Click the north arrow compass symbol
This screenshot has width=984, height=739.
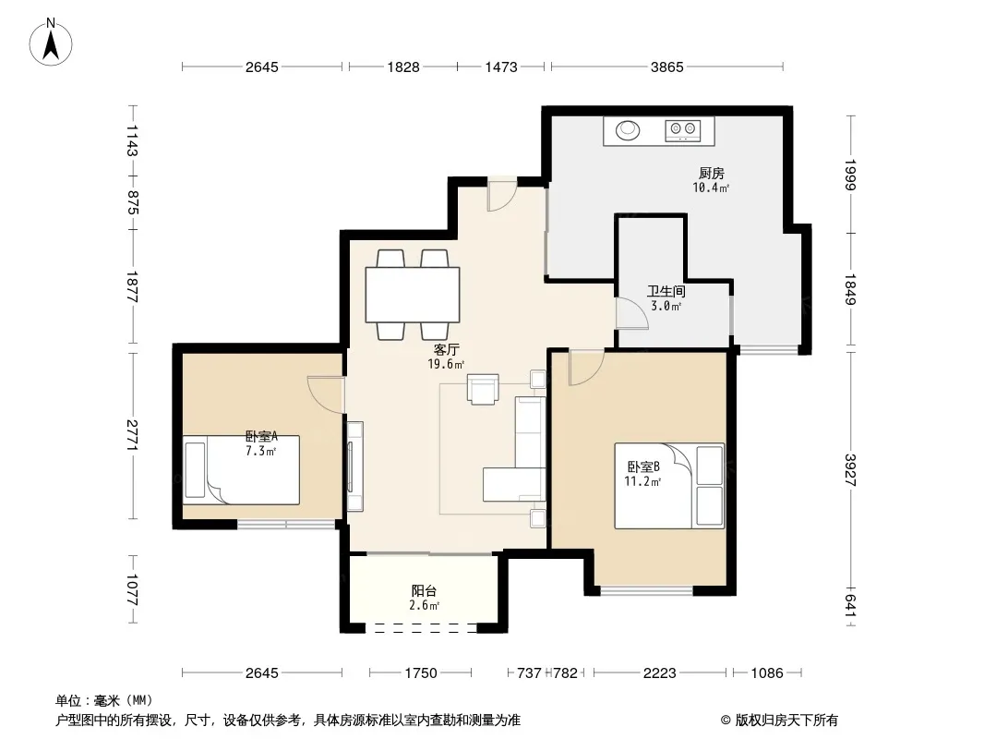point(51,42)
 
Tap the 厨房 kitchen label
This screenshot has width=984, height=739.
point(711,173)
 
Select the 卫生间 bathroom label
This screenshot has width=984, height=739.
point(666,291)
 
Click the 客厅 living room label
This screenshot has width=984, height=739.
point(446,350)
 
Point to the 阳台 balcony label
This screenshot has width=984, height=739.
point(425,591)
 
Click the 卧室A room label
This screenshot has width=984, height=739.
point(261,436)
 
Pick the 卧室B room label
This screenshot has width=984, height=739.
point(643,467)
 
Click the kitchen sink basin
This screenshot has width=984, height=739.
point(627,130)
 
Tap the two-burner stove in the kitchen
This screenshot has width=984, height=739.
point(682,130)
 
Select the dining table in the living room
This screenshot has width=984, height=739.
point(413,295)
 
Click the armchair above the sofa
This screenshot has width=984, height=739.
point(483,389)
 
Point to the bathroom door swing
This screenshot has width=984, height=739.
point(631,312)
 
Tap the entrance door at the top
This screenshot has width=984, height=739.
point(502,193)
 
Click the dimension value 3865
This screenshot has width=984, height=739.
point(666,67)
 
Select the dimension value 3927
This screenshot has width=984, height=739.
point(850,469)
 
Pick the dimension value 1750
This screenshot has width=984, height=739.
point(420,673)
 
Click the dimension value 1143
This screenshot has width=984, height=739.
point(132,140)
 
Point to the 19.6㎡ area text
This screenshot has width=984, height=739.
point(446,364)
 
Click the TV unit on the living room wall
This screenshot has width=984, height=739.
point(354,466)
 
